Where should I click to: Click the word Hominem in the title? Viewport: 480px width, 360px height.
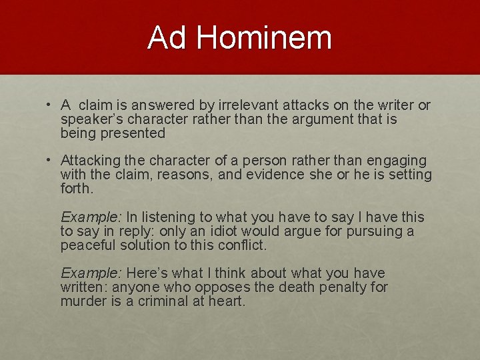[264, 37]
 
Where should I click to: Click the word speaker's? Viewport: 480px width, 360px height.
[87, 119]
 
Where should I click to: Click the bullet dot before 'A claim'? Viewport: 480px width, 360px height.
[49, 105]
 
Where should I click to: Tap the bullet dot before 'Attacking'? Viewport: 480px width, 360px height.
[49, 161]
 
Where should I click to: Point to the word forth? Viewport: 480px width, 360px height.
[77, 189]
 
